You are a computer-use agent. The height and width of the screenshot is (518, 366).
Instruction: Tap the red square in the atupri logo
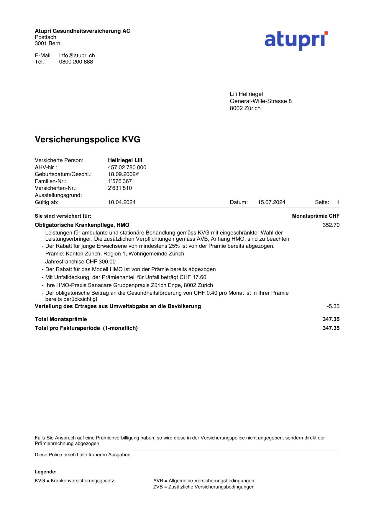click(326, 33)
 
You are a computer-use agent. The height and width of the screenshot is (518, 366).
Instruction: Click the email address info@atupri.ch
click(77, 56)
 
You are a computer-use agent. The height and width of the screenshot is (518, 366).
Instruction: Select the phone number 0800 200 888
click(76, 62)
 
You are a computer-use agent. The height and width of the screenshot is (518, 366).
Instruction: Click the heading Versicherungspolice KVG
click(88, 139)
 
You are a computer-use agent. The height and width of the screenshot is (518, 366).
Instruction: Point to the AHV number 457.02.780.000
click(127, 167)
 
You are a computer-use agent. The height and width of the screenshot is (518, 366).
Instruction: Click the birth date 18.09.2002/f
click(123, 174)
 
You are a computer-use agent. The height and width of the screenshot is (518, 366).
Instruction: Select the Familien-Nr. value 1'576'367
click(120, 181)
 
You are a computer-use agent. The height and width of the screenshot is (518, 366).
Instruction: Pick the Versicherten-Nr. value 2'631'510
click(120, 188)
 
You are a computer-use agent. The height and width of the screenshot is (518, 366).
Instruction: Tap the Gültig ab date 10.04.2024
click(122, 202)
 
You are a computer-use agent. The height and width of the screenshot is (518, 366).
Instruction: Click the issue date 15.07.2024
click(271, 202)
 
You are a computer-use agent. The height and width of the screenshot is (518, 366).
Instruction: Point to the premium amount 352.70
click(331, 225)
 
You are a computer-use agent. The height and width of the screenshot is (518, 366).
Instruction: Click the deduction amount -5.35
click(333, 306)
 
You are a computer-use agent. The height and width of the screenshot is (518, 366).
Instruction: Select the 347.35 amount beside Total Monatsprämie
click(331, 319)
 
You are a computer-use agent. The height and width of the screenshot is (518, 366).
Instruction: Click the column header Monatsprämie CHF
click(316, 216)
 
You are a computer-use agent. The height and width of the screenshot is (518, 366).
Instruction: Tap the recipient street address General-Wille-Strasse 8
click(261, 101)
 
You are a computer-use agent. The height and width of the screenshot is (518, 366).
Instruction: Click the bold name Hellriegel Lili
click(125, 160)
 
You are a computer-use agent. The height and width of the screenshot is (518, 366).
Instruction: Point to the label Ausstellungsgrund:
click(58, 195)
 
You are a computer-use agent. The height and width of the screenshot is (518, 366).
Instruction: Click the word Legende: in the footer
click(46, 472)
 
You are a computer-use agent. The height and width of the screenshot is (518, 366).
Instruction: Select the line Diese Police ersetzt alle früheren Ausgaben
click(83, 455)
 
